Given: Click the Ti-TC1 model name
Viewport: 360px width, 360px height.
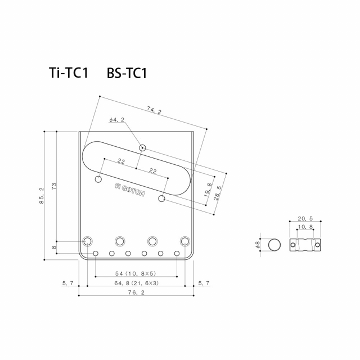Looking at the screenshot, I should (68, 74).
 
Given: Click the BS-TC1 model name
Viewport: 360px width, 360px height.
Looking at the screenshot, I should (127, 74).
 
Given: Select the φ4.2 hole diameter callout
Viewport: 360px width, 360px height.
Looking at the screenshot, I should (116, 120).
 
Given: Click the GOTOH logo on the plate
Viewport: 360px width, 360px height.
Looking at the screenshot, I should (130, 190).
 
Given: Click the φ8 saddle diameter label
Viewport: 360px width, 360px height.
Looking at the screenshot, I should (258, 245).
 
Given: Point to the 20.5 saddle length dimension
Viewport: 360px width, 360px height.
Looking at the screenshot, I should (304, 218).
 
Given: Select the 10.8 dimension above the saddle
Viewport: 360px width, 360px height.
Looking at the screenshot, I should (304, 227).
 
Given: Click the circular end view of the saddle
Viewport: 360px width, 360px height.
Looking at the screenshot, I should (274, 245).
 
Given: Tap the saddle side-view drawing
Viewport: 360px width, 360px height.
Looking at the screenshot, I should (304, 245).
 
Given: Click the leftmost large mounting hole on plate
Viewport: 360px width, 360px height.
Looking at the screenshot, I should (88, 241).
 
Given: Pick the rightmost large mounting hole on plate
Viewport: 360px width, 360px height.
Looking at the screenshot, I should (185, 241).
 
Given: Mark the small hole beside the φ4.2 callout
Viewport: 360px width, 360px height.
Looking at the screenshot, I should (143, 148).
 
